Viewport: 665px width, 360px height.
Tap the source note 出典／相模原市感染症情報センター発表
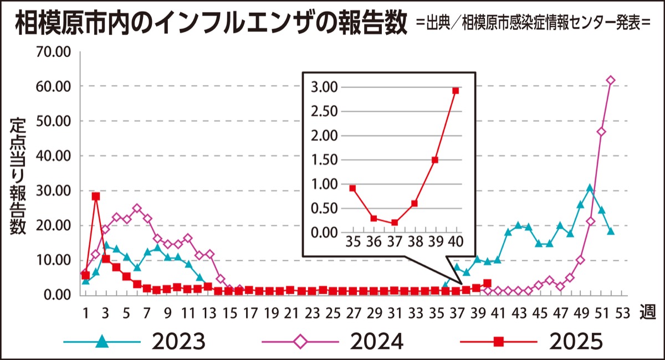[x=534, y=25]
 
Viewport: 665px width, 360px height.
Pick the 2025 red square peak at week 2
[x=96, y=196]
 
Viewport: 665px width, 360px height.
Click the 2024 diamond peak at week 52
[x=611, y=80]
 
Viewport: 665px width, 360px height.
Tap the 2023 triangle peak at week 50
[x=590, y=188]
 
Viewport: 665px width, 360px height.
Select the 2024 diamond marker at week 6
[x=137, y=208]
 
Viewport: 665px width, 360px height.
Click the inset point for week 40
[x=456, y=91]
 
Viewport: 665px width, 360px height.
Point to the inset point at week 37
[x=394, y=223]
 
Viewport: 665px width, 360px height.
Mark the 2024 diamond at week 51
[x=601, y=132]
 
